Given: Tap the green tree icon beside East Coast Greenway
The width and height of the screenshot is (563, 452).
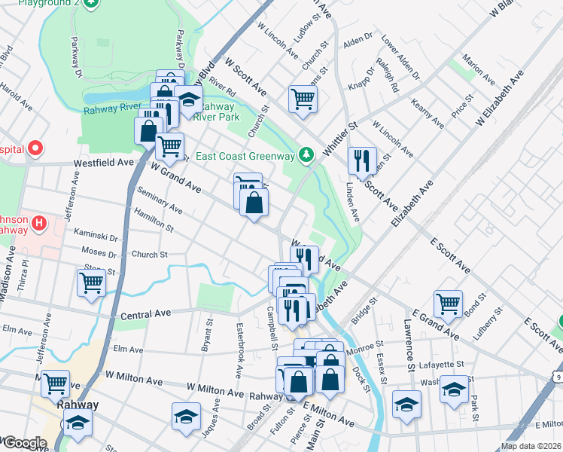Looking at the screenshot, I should tap(306, 155).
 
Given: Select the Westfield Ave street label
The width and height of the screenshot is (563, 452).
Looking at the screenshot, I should tap(103, 162).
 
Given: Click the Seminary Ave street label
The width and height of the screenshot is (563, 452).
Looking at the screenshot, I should tap(160, 200).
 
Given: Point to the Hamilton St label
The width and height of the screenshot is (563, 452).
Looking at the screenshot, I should tap(154, 221).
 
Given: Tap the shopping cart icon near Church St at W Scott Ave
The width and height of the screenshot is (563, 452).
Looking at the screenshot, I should tap(303, 98).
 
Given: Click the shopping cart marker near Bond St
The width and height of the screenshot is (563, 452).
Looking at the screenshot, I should tap(449, 304).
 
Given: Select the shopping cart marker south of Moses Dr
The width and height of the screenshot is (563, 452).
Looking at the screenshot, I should tap(91, 283).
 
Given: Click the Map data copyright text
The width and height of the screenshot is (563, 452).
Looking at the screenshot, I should tap(531, 446).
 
